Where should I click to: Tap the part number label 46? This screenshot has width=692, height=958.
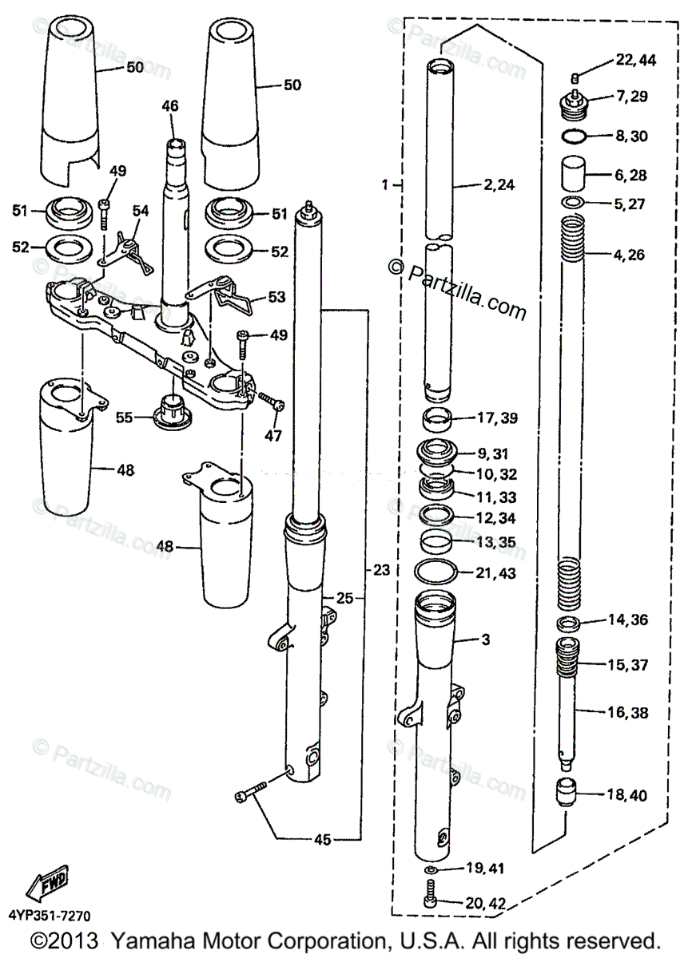point(170,106)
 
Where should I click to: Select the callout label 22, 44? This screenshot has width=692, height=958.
point(635,61)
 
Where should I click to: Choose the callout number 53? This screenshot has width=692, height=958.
point(276,298)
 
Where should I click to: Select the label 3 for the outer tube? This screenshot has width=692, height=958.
point(486,639)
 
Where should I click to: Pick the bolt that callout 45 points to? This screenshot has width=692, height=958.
point(249,795)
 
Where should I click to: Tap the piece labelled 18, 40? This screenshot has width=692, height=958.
point(566,795)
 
